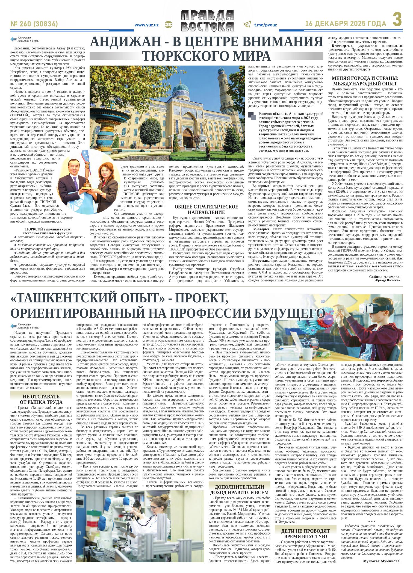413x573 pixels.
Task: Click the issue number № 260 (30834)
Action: click(x=34, y=24)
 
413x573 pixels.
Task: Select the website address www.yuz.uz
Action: click(x=147, y=25)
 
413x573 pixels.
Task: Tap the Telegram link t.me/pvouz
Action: click(x=265, y=25)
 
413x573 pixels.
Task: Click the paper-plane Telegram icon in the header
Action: click(x=247, y=25)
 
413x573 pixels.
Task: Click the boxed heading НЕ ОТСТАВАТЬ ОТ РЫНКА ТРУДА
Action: click(x=41, y=399)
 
